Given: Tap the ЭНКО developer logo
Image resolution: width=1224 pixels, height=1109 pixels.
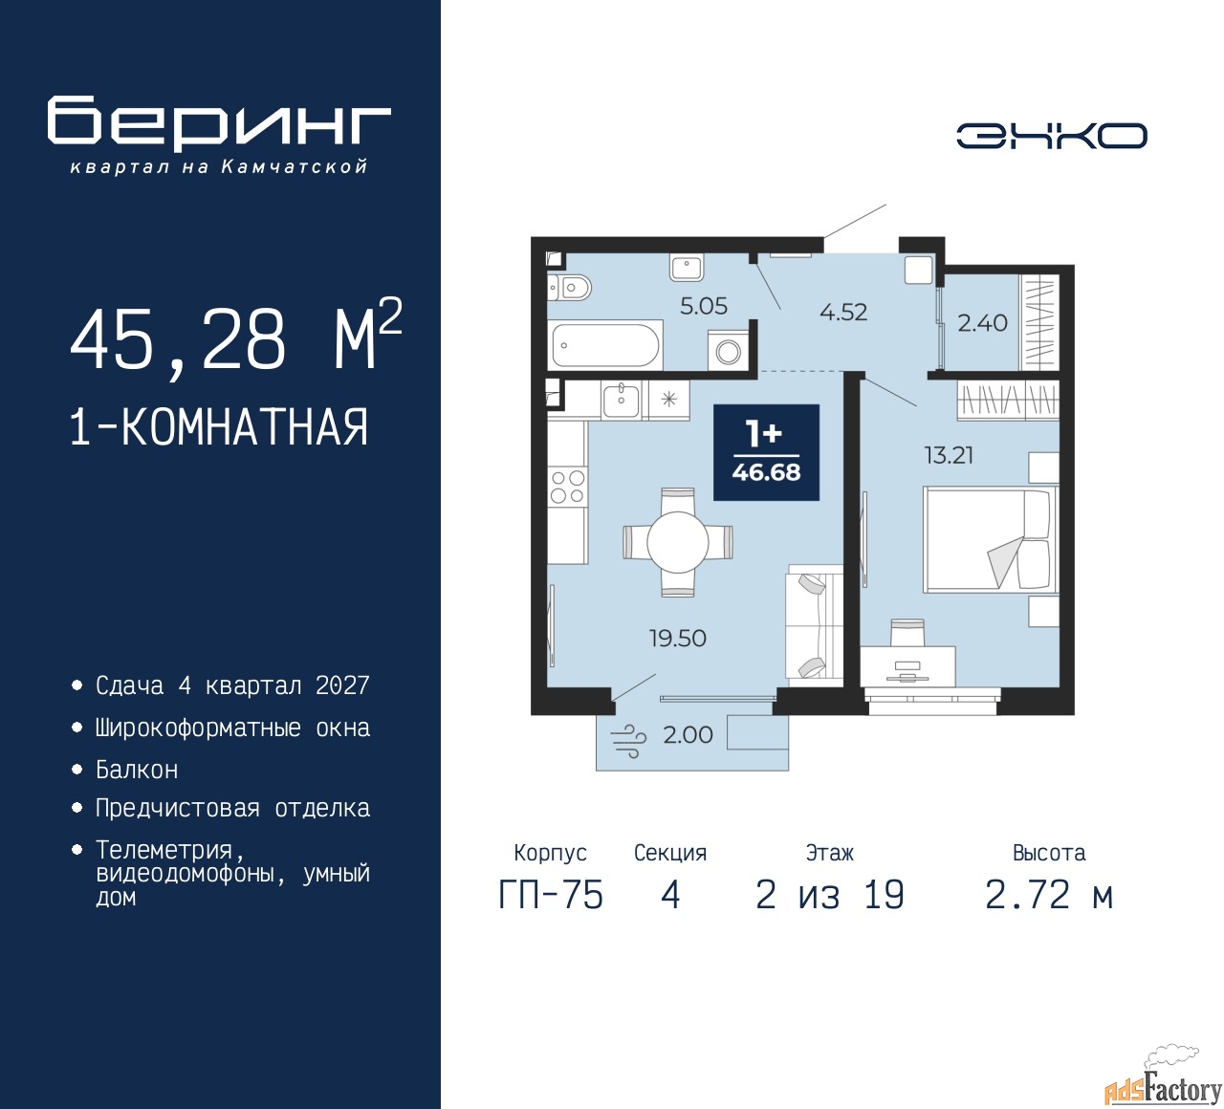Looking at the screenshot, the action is pos(1051,136).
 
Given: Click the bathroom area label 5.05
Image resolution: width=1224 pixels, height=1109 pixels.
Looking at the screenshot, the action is pos(704,306).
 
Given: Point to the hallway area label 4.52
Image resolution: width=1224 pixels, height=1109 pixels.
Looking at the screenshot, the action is pos(843,313).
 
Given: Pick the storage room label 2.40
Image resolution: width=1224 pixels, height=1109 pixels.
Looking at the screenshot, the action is pos(982,323).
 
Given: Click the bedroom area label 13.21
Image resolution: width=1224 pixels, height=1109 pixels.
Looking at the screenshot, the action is pos(949,455).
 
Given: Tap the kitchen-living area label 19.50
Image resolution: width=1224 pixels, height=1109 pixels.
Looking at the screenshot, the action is pos(677,638).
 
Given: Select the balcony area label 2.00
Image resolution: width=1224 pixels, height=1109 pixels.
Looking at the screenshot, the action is pos(688,734).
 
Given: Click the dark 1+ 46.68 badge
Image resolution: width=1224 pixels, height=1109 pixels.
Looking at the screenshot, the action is pos(766,452).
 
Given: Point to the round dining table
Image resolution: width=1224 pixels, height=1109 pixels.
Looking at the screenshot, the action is pos(677,542).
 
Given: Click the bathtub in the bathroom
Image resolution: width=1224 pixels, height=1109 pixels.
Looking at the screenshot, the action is pos(605,345).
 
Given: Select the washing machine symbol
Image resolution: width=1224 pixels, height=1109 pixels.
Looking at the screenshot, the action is pos(729,352).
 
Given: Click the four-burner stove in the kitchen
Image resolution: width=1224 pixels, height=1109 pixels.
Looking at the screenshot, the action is pos(567,487).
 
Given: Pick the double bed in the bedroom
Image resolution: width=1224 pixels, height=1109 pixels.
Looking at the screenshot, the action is pos(991,538).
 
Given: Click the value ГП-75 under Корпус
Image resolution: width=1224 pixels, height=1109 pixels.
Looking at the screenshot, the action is pos(551,895).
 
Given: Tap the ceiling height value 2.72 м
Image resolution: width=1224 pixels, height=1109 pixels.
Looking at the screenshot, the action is pos(1049,895).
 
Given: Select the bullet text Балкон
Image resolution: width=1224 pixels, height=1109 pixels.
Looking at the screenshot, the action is pos(137,770).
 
